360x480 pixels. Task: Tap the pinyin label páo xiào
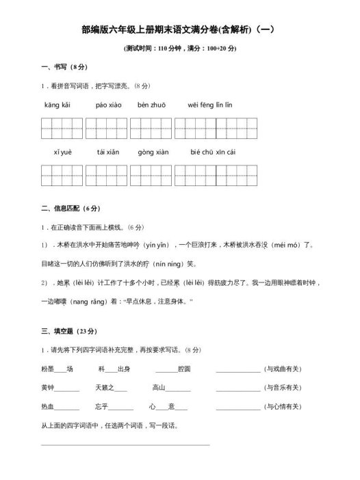[108, 105]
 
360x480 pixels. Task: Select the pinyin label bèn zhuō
[151, 105]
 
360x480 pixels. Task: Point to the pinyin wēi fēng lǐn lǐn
[209, 105]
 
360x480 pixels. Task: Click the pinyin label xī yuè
[62, 152]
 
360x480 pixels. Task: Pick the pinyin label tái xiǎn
[107, 152]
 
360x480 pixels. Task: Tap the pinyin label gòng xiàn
[153, 152]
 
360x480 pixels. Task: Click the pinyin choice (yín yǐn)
[156, 244]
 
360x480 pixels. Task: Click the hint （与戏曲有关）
[283, 369]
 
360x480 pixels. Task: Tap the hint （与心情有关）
[283, 407]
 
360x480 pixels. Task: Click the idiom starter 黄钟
[47, 388]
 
